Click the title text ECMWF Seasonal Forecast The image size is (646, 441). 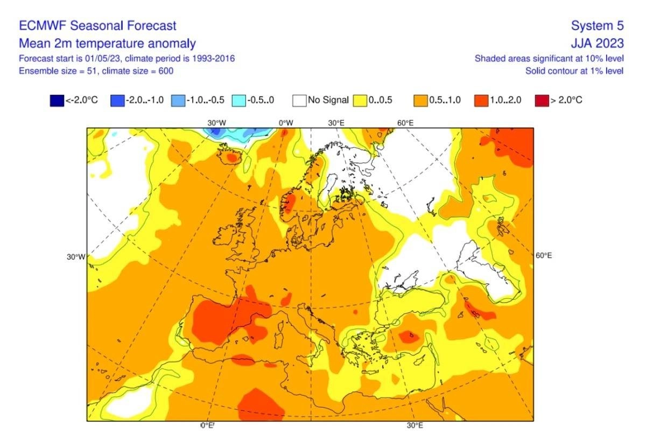97,26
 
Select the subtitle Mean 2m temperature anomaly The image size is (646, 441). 107,44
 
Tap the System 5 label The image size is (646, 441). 597,26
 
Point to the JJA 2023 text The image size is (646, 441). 597,43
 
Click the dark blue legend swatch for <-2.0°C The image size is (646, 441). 57,101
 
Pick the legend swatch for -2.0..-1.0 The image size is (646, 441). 117,101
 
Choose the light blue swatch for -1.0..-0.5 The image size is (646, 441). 178,101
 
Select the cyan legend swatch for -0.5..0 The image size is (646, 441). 239,101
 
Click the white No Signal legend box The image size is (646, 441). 299,101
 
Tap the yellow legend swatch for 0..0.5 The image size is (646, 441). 360,101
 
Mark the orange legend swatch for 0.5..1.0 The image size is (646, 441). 420,101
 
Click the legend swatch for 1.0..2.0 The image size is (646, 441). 481,101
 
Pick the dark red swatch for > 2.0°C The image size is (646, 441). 542,101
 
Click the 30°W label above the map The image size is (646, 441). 216,123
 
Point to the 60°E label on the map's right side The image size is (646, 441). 544,256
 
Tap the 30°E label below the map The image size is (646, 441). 415,425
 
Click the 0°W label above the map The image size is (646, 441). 286,123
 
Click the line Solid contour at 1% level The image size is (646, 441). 574,71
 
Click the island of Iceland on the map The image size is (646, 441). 229,156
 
